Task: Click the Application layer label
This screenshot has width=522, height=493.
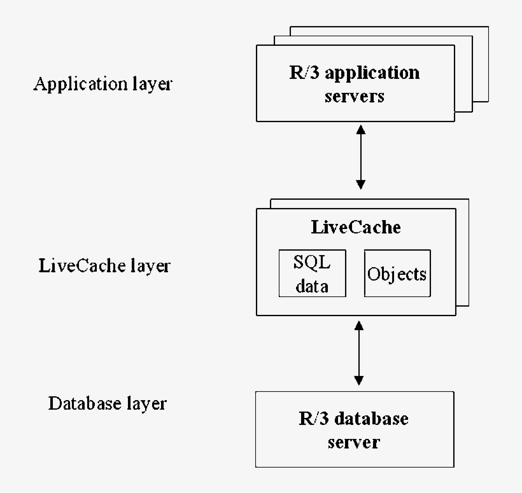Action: (x=102, y=84)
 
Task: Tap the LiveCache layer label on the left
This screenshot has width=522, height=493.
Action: (x=104, y=265)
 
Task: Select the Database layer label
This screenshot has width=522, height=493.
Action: (x=108, y=403)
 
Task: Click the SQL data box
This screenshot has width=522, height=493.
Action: (x=312, y=273)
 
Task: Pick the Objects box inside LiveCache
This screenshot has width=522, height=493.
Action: (x=397, y=274)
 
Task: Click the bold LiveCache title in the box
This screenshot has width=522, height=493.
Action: (x=356, y=227)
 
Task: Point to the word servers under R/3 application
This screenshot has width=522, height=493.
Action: (x=355, y=97)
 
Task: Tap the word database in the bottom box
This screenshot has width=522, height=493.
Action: (x=371, y=419)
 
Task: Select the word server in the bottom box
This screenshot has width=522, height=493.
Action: (x=354, y=441)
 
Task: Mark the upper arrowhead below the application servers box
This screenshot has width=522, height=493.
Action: (x=361, y=128)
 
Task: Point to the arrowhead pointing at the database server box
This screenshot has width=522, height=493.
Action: (x=358, y=380)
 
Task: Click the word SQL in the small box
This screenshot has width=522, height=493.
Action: (x=312, y=262)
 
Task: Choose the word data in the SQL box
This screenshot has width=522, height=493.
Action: (x=312, y=286)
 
